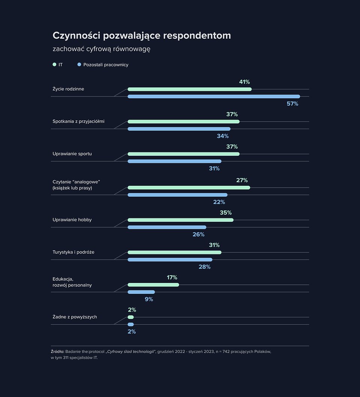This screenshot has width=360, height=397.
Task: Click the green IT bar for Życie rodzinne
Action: point(189,89)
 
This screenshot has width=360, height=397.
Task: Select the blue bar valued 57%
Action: point(214,96)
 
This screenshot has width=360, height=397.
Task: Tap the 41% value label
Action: point(244,82)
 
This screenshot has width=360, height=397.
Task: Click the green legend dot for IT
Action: point(54,65)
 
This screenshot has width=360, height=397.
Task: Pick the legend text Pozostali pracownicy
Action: point(106,65)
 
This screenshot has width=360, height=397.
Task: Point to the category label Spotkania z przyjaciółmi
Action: point(78,121)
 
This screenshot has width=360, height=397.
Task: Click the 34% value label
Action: point(223,136)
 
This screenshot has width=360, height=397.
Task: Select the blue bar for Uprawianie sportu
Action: point(174,161)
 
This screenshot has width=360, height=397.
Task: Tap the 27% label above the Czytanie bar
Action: point(242,180)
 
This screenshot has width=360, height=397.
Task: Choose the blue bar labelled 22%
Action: point(177,195)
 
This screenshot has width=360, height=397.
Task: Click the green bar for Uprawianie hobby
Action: point(180,220)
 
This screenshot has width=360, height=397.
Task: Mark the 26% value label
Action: point(198,235)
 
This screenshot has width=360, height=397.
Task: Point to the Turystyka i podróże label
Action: point(73,252)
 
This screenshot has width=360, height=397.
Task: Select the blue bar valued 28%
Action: point(170,260)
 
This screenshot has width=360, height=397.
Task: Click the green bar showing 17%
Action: point(153,285)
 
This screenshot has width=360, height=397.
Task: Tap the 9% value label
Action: point(149,299)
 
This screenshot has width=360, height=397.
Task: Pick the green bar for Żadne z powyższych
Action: point(130,317)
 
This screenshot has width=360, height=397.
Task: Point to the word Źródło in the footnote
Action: point(57,352)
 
